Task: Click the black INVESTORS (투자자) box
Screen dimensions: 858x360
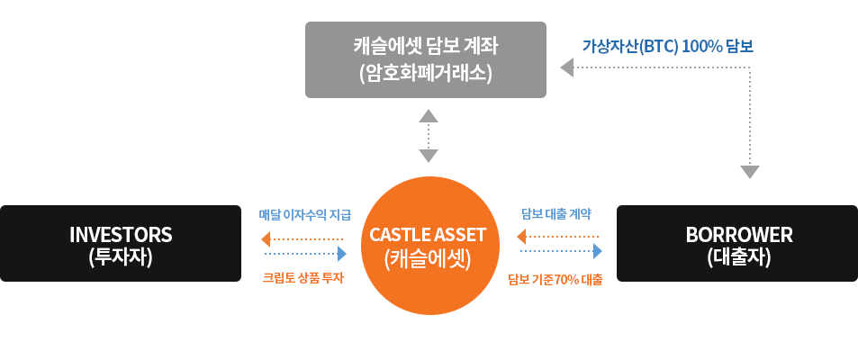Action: click(121, 244)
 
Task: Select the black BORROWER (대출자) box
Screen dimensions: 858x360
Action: click(737, 244)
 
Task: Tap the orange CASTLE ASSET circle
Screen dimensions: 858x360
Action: click(428, 246)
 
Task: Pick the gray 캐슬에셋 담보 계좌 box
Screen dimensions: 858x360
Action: click(426, 59)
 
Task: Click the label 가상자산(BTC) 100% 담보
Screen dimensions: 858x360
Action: click(667, 47)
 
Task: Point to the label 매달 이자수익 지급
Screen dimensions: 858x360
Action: click(305, 214)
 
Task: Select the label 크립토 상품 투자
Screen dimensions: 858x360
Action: click(303, 278)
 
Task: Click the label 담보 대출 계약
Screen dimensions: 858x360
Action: click(555, 214)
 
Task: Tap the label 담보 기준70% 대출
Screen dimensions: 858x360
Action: click(555, 280)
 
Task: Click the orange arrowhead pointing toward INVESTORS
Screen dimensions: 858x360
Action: click(266, 239)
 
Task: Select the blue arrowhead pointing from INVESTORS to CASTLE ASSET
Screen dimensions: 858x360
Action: click(342, 253)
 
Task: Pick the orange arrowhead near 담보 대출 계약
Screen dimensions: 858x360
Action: click(521, 237)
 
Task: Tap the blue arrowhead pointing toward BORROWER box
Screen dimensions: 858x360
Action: click(598, 251)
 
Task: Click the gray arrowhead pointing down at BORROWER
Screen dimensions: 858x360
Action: click(750, 172)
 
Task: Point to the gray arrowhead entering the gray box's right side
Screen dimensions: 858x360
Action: click(567, 67)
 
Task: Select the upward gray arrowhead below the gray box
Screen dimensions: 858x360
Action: click(429, 115)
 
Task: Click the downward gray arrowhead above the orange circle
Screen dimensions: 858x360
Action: click(429, 156)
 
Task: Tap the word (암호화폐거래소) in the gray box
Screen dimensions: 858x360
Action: click(426, 72)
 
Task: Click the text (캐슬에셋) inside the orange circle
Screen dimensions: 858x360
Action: click(428, 258)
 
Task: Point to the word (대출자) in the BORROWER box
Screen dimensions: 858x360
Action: click(739, 256)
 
